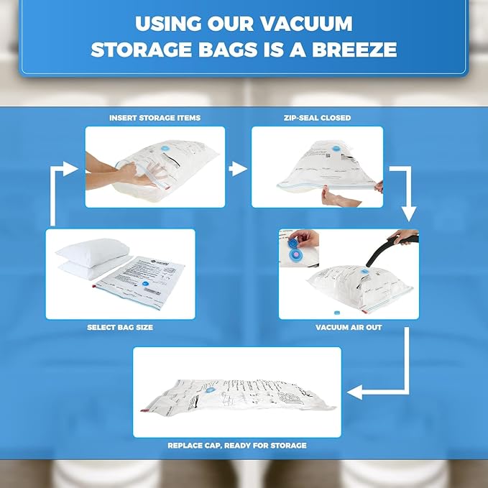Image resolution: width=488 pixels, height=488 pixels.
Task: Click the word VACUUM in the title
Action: pos(305,23)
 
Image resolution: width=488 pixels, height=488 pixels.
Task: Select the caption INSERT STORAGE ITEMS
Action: pos(155,118)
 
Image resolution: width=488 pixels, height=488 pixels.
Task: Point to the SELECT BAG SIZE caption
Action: pos(120,327)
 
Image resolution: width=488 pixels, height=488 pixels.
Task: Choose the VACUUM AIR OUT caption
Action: pos(348,327)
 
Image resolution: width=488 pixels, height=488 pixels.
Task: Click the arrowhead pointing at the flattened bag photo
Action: pos(353,392)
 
